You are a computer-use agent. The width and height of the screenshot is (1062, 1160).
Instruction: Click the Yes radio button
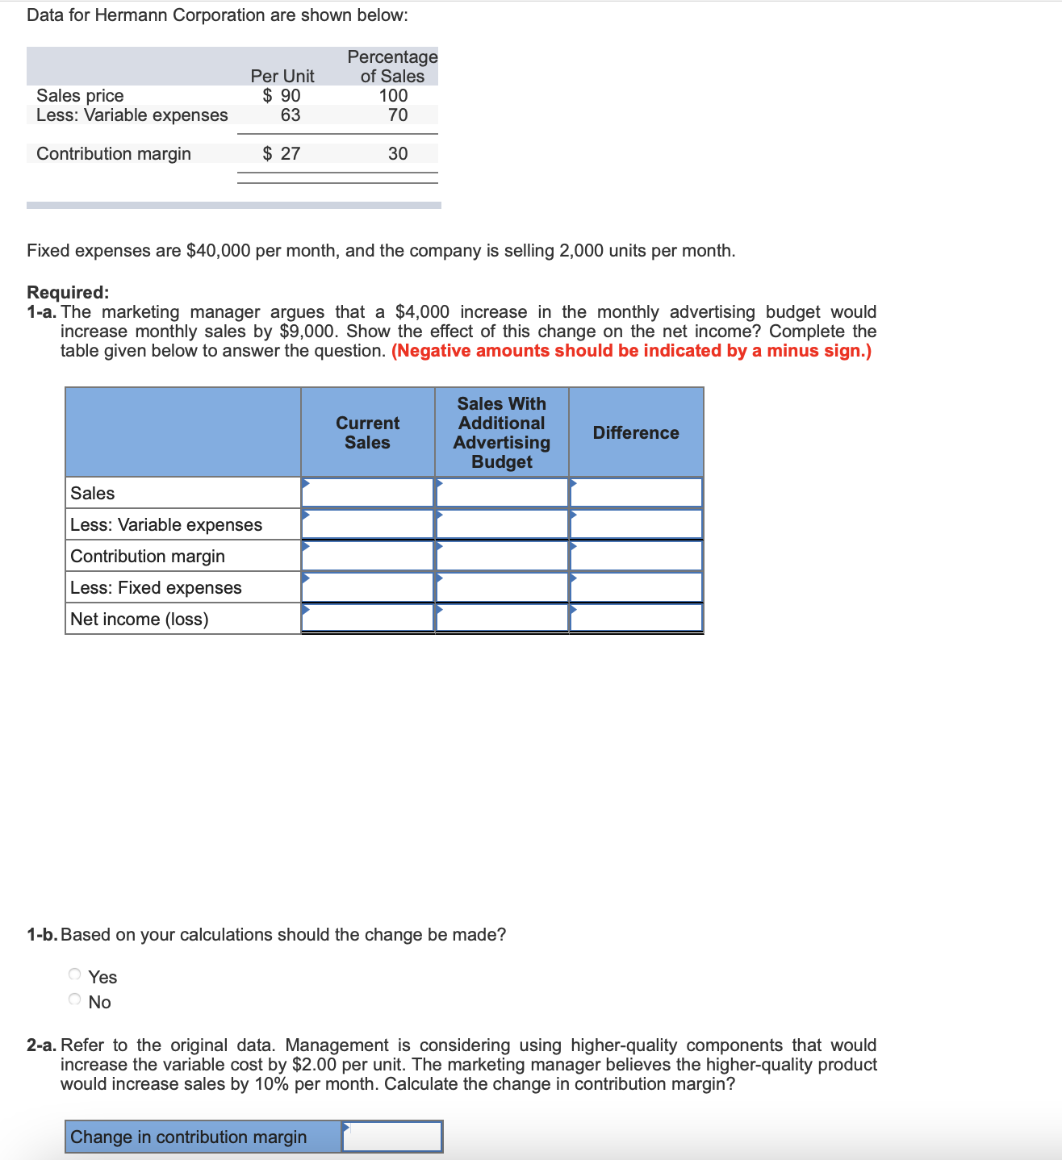click(x=75, y=974)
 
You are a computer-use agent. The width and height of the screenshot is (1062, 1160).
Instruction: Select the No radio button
click(x=75, y=999)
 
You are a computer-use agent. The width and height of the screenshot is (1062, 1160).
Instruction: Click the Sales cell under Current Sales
click(x=368, y=492)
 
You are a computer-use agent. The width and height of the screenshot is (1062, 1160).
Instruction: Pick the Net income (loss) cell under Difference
click(x=636, y=618)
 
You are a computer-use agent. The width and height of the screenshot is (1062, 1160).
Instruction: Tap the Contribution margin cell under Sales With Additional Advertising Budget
click(x=502, y=556)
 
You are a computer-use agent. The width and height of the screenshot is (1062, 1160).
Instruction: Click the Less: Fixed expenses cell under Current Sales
click(x=368, y=587)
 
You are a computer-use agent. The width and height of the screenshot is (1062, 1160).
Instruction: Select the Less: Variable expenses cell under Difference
click(x=636, y=524)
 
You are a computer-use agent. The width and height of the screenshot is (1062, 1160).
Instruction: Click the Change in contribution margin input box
click(x=392, y=1137)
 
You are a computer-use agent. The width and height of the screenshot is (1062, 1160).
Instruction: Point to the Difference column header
click(x=636, y=433)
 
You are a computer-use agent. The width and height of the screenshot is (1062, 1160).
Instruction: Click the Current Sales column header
click(x=367, y=433)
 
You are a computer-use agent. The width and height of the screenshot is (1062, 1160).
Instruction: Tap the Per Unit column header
click(x=282, y=76)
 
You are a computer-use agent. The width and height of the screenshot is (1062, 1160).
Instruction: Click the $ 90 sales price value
click(x=282, y=95)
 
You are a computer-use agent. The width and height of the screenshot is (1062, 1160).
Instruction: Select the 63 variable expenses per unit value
click(x=291, y=115)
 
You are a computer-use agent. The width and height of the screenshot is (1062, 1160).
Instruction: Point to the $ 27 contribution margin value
click(x=282, y=153)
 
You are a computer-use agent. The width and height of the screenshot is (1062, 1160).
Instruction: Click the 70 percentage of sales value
click(x=398, y=115)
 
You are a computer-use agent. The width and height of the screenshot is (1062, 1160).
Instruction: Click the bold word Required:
click(x=68, y=292)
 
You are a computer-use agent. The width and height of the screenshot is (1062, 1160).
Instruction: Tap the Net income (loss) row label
click(x=140, y=619)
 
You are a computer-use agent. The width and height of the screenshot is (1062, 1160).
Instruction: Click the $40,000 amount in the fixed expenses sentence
click(x=218, y=251)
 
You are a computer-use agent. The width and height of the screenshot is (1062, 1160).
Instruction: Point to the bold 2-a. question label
click(x=41, y=1045)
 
